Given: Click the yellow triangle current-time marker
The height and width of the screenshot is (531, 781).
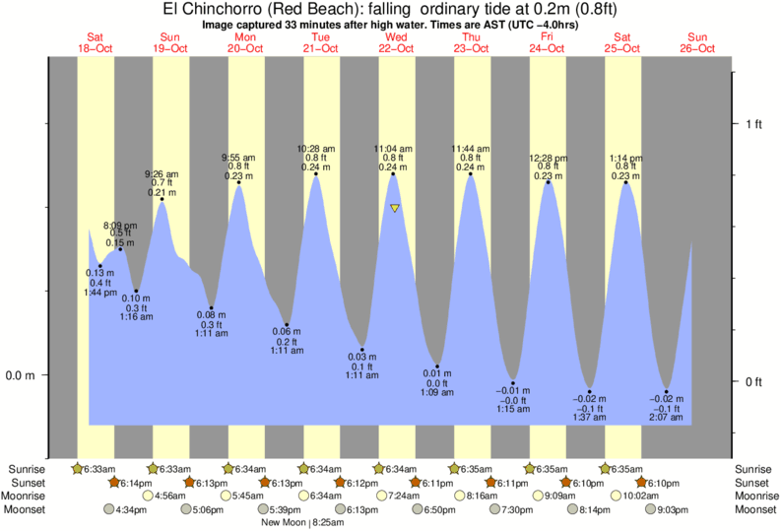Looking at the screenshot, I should [394, 208].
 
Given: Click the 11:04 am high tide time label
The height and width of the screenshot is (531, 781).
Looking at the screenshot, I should [393, 148].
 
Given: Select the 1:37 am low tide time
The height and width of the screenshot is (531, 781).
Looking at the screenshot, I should [589, 418].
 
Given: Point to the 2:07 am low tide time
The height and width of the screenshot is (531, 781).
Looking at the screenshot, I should [667, 418].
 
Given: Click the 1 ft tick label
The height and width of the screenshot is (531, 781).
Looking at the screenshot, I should [753, 123].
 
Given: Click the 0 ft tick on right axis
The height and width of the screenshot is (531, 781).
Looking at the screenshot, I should [753, 381].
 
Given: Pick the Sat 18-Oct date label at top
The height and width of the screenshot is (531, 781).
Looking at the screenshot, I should [96, 42].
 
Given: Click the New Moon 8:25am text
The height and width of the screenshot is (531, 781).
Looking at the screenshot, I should [302, 522].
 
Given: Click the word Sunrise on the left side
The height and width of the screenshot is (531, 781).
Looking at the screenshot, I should [27, 468].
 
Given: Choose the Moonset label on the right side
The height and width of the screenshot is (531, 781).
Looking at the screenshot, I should [753, 509].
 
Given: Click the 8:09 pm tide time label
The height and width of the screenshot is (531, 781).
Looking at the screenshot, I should [120, 226].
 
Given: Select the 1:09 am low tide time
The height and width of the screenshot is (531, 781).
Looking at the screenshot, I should [436, 392].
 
